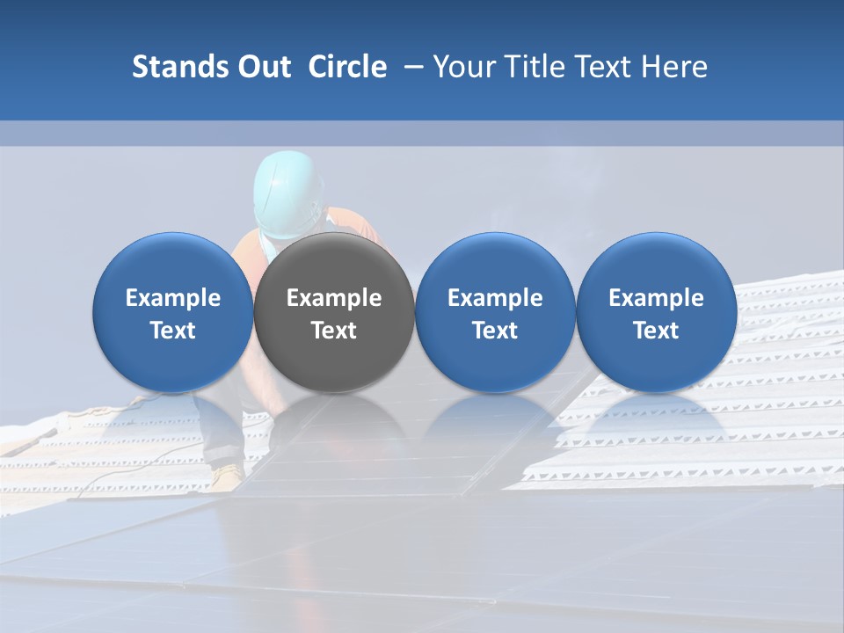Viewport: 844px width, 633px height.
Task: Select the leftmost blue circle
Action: coord(172,313)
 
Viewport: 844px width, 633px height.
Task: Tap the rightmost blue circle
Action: coord(656,313)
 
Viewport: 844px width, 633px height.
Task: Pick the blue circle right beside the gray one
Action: coord(495,313)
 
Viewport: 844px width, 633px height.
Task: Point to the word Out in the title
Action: coord(263,67)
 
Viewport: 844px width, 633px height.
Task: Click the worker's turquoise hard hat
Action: coord(287,193)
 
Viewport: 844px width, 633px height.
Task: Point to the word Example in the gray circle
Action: coord(334,298)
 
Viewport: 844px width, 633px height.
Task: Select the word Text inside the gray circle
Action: coord(334,331)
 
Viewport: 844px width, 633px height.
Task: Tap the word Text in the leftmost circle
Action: coord(172,331)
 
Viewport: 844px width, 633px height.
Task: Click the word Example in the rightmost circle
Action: coord(656,298)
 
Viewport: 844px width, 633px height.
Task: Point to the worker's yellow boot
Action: coord(227,476)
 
